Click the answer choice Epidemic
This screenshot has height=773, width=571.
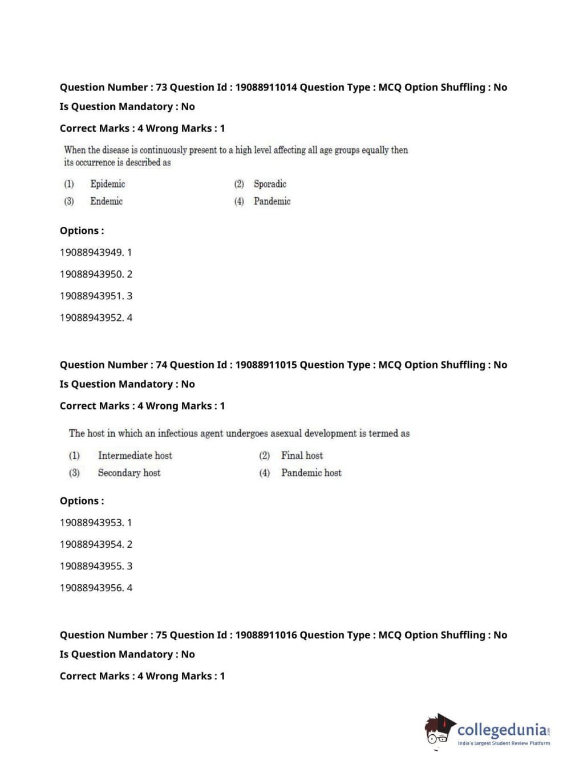(x=107, y=184)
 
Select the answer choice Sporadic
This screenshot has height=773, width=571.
(x=270, y=184)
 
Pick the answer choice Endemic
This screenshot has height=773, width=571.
(x=106, y=201)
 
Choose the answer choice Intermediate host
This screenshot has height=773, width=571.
(x=135, y=455)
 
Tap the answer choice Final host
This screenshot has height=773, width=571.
(x=302, y=455)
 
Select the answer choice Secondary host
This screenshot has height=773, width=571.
(x=129, y=473)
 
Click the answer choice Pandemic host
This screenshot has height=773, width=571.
(x=311, y=473)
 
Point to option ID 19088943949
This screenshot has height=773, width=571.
(x=91, y=252)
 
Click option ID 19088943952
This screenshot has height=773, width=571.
(x=91, y=318)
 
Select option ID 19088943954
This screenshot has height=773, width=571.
(x=91, y=544)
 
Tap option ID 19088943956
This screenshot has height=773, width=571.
(x=91, y=588)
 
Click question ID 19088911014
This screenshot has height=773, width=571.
(x=266, y=87)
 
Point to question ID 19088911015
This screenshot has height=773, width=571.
(x=266, y=365)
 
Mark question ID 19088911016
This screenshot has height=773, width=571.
(x=266, y=635)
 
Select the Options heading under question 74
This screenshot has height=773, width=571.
(x=82, y=501)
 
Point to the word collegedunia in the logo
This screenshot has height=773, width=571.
(x=501, y=730)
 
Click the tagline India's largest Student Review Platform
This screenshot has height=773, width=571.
(x=504, y=743)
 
